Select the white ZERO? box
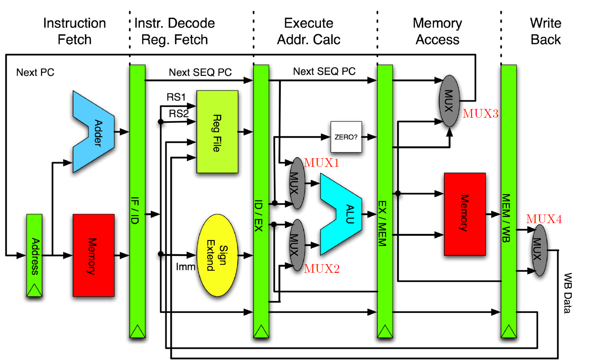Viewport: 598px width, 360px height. pos(346,137)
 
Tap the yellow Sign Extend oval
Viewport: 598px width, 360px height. pos(217,255)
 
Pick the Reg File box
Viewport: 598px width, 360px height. pos(217,131)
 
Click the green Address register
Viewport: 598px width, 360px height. pos(34,255)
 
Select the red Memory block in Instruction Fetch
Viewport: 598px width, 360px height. pos(93,255)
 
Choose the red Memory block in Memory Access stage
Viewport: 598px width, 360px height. pos(465,214)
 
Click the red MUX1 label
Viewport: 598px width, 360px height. pos(321,163)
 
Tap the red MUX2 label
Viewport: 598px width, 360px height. pos(321,268)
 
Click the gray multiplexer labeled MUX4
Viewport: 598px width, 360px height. pos(539,250)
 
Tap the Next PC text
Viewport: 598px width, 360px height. pos(35,72)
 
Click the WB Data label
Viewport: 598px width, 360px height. pos(568,293)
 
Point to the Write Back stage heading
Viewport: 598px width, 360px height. pos(545,31)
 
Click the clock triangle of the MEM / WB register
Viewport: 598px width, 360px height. pos(508,331)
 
